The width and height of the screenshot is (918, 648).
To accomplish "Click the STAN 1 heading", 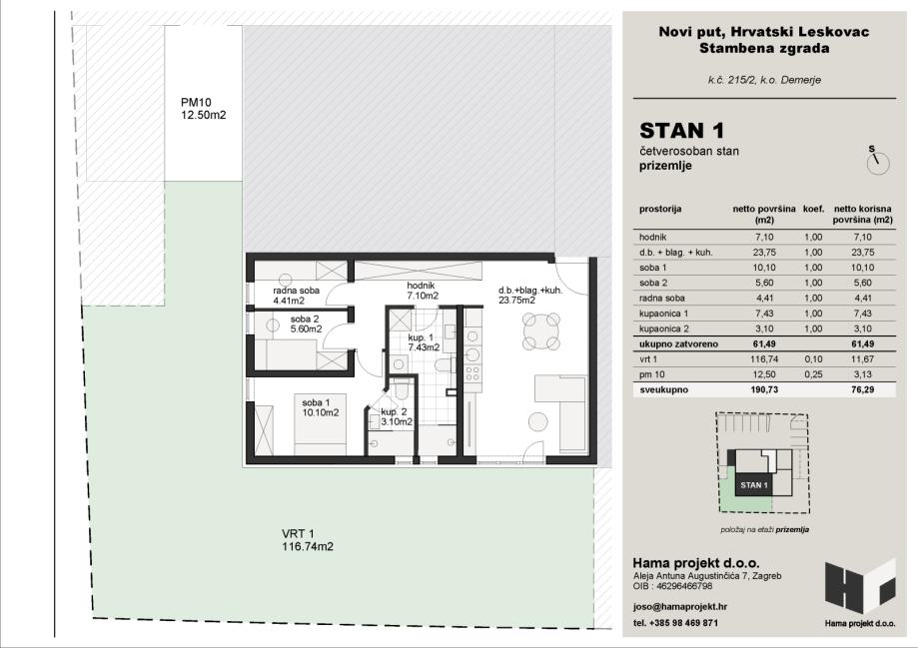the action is (x=681, y=130).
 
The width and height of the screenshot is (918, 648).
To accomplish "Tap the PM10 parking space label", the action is (x=203, y=108).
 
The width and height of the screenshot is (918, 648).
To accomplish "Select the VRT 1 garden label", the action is (x=308, y=540).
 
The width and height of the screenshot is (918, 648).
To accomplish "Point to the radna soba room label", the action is (x=297, y=296).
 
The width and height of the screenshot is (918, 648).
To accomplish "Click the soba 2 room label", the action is (x=306, y=324).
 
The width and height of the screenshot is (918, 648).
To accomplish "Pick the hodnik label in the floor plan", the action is (x=423, y=291).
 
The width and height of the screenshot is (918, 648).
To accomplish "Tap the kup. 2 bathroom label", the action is (x=397, y=416).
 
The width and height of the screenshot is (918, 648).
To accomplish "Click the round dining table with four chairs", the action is (x=541, y=331).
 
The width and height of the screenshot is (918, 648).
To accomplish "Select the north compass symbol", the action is (x=878, y=161).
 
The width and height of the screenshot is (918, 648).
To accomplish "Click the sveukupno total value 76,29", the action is (x=862, y=389).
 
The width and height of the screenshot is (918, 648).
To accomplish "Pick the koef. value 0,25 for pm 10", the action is (x=813, y=374).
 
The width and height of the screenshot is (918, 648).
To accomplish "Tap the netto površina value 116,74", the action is (x=764, y=359).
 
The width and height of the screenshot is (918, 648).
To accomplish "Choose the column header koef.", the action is (x=813, y=209).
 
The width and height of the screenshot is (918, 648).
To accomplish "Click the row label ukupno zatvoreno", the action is (x=678, y=344).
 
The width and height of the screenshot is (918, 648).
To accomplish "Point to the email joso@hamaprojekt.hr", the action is (x=680, y=606).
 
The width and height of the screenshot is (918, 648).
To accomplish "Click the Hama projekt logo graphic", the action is (x=860, y=587).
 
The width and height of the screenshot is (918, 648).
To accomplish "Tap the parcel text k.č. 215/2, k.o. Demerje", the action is (x=764, y=80).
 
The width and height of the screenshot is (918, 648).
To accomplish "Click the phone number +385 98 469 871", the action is (x=683, y=623).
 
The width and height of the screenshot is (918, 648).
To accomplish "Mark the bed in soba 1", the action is (x=320, y=424).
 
